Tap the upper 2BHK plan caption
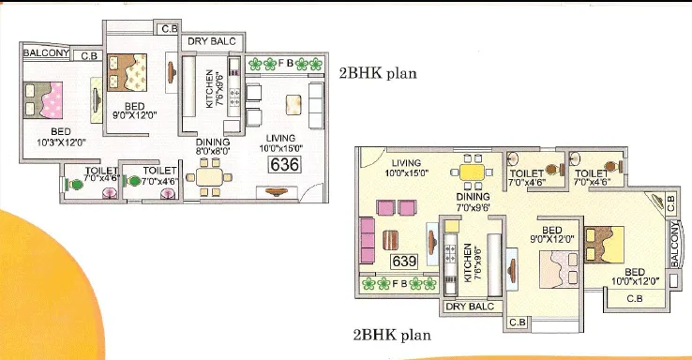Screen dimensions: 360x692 click(x=378, y=72)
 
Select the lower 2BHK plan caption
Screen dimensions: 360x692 click(x=392, y=333)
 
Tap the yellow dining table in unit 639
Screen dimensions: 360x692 click(x=471, y=172)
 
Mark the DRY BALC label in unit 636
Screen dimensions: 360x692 click(x=215, y=42)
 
